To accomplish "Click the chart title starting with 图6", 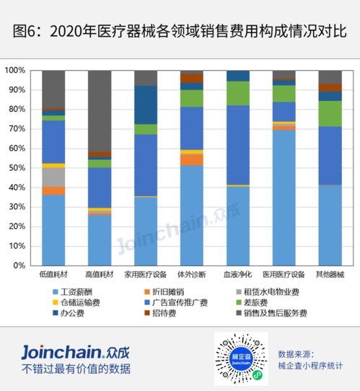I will point(180,32).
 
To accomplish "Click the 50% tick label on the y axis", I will point(17,168).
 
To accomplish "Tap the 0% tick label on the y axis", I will point(19,265).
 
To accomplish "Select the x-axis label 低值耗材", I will point(54,275).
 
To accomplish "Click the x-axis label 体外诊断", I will point(192,275).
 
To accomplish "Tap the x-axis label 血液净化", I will point(238,275).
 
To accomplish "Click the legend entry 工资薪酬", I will point(79,291).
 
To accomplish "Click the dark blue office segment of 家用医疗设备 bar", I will point(146,105).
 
